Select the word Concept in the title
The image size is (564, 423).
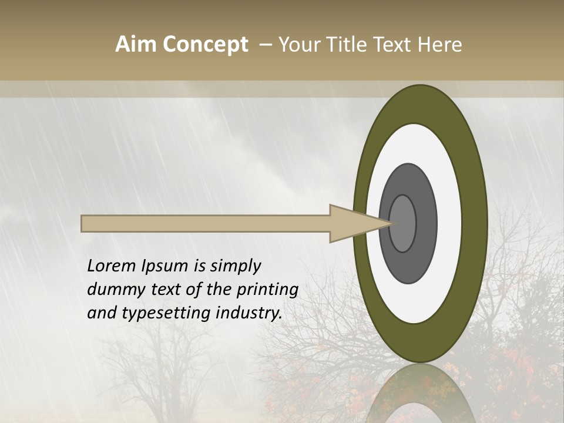[204, 45]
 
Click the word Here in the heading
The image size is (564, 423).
[439, 45]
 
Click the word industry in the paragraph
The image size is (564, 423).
[249, 313]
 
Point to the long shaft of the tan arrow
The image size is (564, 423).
[206, 224]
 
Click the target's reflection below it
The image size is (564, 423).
[420, 394]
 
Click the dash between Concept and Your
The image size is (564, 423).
[265, 45]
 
